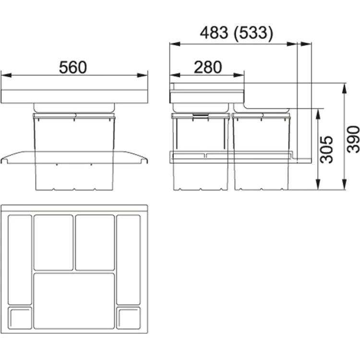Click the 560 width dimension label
click(73, 67)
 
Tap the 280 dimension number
click(208, 67)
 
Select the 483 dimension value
click(214, 33)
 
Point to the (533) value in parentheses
click(253, 33)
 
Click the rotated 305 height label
click(326, 149)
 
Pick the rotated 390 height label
click(353, 139)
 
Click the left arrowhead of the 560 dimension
click(6, 75)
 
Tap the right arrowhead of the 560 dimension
click(143, 75)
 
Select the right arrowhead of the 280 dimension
click(239, 75)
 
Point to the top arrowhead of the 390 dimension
click(344, 88)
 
